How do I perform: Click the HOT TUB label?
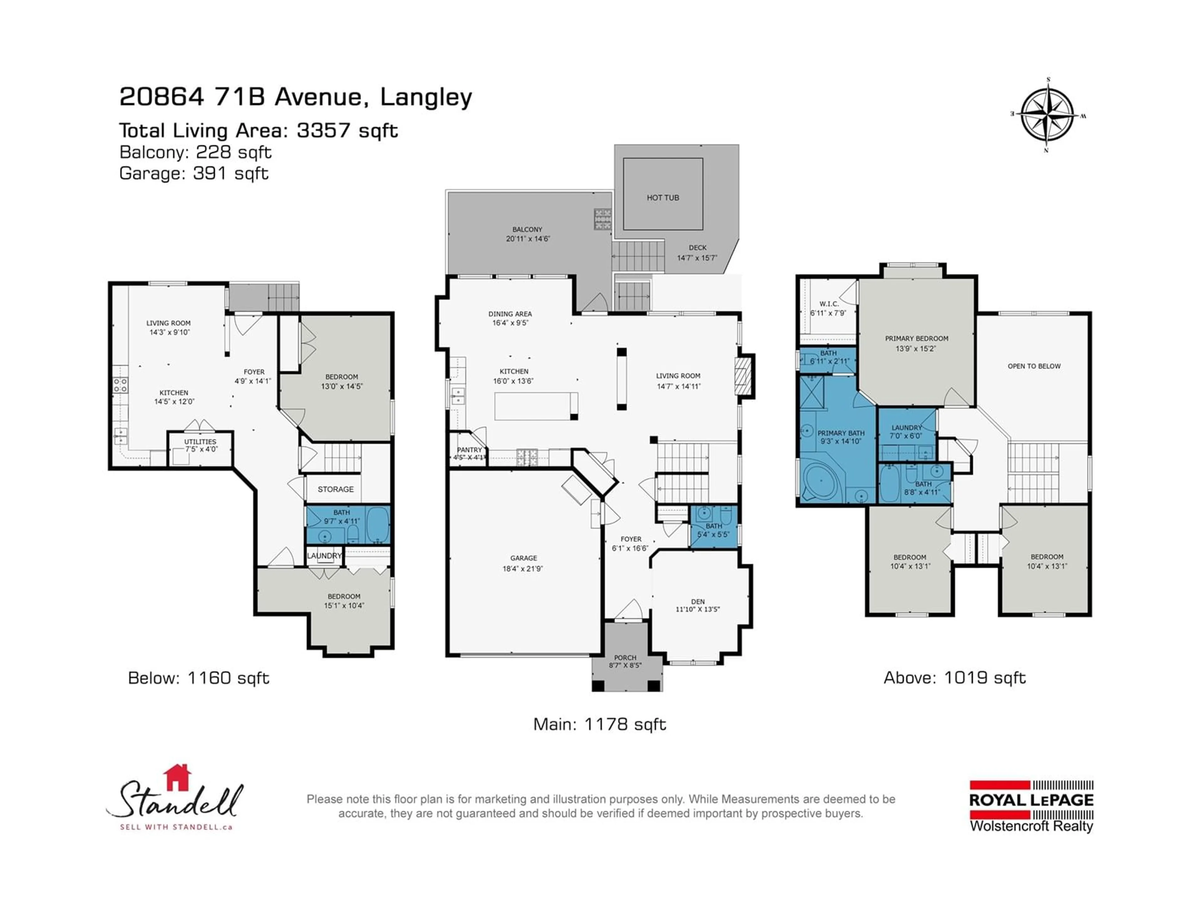pyautogui.click(x=662, y=198)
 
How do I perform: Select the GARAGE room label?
pyautogui.click(x=523, y=558)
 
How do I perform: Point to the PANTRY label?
pyautogui.click(x=469, y=450)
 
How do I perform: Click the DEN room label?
pyautogui.click(x=698, y=601)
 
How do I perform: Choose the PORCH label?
pyautogui.click(x=625, y=657)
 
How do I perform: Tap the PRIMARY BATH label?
pyautogui.click(x=841, y=433)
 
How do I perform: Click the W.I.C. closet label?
pyautogui.click(x=829, y=303)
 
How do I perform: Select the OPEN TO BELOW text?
pyautogui.click(x=1034, y=366)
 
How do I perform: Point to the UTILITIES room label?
pyautogui.click(x=200, y=441)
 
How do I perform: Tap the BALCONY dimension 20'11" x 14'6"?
pyautogui.click(x=528, y=238)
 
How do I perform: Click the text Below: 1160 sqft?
pyautogui.click(x=198, y=678)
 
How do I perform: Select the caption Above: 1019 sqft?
pyautogui.click(x=955, y=678)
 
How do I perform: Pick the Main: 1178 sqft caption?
pyautogui.click(x=599, y=724)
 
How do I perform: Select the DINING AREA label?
pyautogui.click(x=510, y=314)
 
